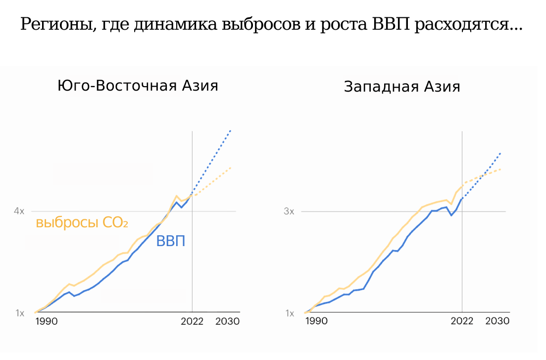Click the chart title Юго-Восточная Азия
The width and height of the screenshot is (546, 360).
point(138,85)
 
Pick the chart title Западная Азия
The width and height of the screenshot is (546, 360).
point(402,87)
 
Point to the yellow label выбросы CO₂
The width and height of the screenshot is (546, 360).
point(82,223)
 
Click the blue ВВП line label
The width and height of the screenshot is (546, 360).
point(171,242)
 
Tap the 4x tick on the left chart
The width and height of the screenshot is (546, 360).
point(19,211)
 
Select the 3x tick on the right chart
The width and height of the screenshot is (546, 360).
point(289,211)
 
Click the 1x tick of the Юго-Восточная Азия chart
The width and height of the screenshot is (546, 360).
point(19,313)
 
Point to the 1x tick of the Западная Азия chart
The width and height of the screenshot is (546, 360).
point(289,313)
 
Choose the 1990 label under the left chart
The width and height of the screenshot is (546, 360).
point(47,321)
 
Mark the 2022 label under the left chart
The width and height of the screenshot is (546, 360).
point(192,321)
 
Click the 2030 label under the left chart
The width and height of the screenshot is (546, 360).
point(228,321)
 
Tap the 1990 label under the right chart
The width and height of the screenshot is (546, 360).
point(316,321)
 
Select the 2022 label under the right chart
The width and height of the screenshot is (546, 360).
point(462,321)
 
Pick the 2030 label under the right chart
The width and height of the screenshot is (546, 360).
point(497,321)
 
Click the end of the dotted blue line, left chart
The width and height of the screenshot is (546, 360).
point(231,130)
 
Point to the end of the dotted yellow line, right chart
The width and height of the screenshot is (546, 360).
point(500,169)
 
